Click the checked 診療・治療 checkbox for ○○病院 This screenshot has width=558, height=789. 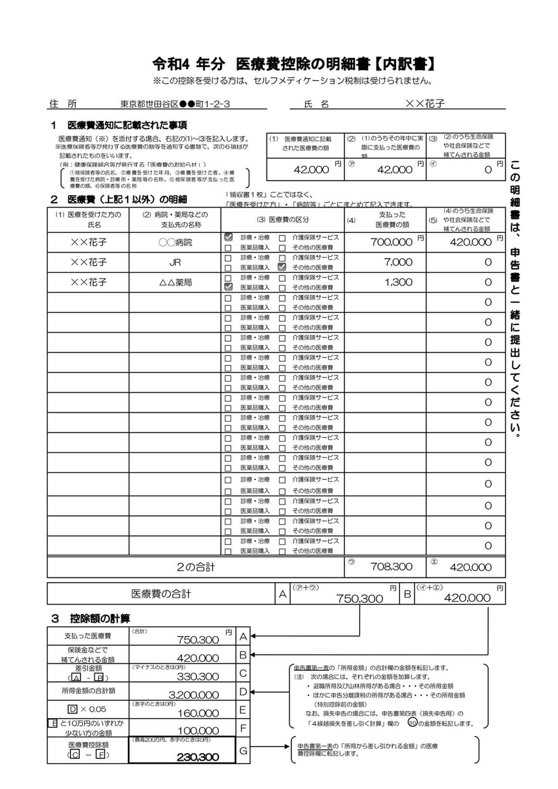pos(228,237)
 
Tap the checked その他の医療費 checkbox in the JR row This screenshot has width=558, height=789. pos(282,267)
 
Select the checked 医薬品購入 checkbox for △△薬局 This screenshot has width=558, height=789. pos(228,287)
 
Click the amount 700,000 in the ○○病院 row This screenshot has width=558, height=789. pos(391,242)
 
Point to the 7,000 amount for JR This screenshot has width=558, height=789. pos(398,262)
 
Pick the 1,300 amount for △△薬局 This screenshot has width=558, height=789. pos(398,282)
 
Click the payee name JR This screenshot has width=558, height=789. pos(175,262)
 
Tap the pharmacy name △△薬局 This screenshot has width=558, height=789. pos(175,282)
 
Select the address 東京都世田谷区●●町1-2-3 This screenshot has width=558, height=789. pos(175,104)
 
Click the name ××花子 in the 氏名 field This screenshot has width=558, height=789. pos(425,104)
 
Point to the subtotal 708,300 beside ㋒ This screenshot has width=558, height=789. pos(391,567)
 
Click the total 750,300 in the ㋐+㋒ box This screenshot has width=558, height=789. pos(359,599)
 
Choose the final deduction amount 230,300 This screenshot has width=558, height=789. pos(198,757)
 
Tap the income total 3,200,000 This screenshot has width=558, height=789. pos(194,695)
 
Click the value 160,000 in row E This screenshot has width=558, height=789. pos(198,713)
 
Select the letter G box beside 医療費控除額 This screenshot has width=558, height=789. pos(243,750)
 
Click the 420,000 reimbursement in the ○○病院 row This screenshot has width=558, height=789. pos(470,242)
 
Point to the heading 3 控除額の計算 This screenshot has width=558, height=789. pos(91,618)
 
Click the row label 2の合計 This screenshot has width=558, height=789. pos(196,567)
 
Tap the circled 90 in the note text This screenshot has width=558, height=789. pos(412,723)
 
